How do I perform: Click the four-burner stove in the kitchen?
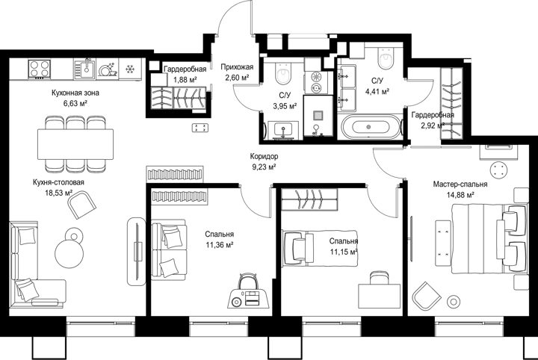click(x=39, y=69)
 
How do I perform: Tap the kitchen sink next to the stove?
click(x=84, y=69)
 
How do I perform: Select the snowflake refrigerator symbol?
click(x=129, y=69)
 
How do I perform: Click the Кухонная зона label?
click(x=75, y=93)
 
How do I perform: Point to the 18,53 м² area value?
click(x=59, y=193)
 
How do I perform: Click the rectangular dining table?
click(x=75, y=144)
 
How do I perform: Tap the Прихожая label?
click(x=237, y=67)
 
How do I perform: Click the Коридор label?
click(x=264, y=156)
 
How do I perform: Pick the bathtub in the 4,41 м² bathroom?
click(x=371, y=127)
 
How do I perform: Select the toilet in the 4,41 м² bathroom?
click(x=386, y=58)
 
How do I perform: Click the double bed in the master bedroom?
click(x=489, y=238)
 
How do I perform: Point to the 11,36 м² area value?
click(x=220, y=245)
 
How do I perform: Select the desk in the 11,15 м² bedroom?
click(x=379, y=297)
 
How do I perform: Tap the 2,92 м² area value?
click(x=433, y=125)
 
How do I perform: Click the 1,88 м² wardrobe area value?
click(x=185, y=80)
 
